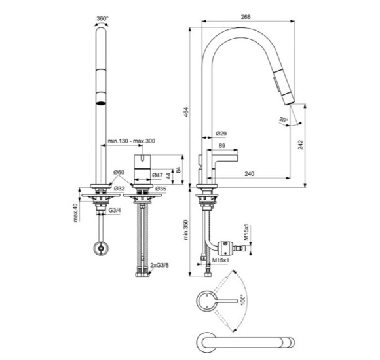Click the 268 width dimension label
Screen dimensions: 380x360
point(246,17)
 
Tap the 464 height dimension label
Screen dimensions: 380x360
point(186,112)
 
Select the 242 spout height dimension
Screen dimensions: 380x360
point(301,145)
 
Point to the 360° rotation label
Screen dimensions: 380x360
point(102,18)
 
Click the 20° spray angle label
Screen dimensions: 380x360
point(283,119)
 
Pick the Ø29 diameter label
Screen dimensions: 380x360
point(221,133)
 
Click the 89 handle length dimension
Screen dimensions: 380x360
point(221,145)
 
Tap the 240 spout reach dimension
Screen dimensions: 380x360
point(250,173)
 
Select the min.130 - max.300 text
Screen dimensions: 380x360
point(131,141)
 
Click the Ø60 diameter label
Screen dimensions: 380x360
point(119,172)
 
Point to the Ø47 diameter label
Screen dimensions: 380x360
point(157,175)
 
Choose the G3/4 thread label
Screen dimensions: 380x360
point(115,210)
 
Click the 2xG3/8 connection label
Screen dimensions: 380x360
point(159,265)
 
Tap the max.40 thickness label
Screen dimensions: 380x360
point(75,213)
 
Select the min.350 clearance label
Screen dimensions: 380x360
point(186,230)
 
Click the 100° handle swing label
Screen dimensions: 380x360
point(243,300)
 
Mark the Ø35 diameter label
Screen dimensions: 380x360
point(161,189)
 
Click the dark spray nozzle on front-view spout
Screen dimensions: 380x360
point(101,103)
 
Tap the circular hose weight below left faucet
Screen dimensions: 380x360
point(101,248)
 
